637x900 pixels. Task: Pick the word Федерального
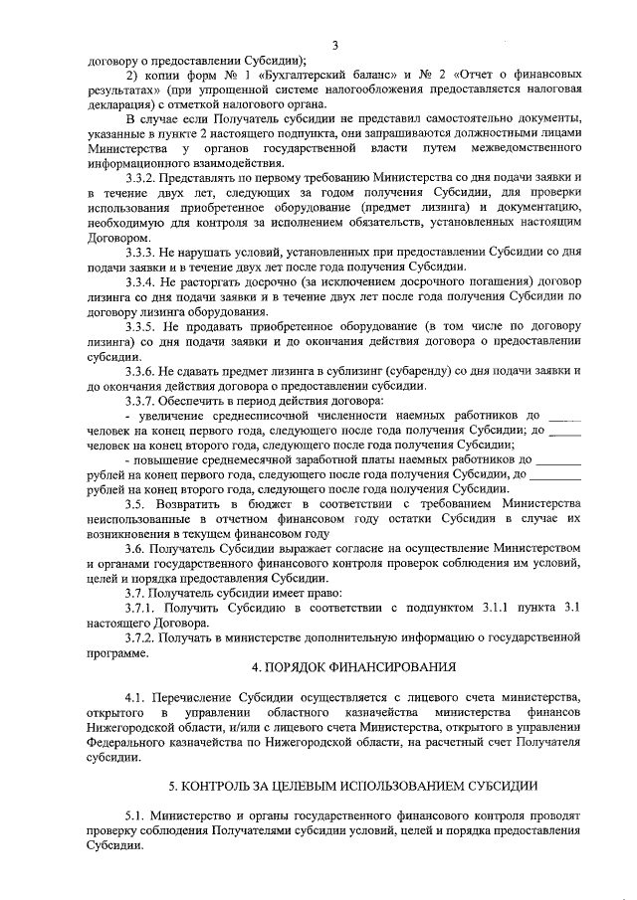(x=131, y=742)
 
